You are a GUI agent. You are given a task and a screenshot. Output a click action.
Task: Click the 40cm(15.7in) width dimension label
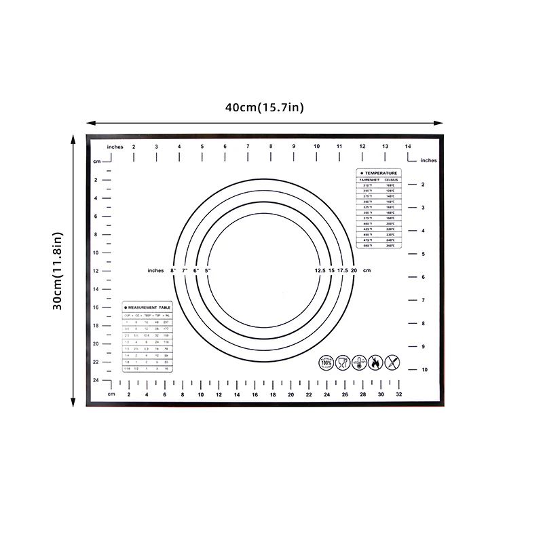(265, 107)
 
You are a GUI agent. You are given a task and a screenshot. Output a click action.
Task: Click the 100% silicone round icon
(326, 362)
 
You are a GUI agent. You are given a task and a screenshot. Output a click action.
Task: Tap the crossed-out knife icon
(392, 362)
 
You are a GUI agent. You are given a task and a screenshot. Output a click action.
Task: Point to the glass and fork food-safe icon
(342, 362)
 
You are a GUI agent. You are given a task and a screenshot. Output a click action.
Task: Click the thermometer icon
(358, 362)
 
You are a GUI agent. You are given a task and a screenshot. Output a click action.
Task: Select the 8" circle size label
(173, 271)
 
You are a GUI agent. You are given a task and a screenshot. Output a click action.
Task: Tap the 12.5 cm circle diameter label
(320, 271)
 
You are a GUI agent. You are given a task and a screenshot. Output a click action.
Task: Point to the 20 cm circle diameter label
(354, 271)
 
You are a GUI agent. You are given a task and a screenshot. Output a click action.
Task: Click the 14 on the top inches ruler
(408, 147)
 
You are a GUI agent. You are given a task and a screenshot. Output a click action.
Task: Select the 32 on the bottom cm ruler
(399, 394)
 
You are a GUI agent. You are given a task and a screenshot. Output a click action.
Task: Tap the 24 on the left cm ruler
(96, 380)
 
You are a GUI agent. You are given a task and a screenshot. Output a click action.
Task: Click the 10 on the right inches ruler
(423, 370)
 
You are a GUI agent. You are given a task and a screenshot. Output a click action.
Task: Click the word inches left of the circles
(155, 271)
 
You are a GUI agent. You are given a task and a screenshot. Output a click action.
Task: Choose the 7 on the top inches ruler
(248, 147)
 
